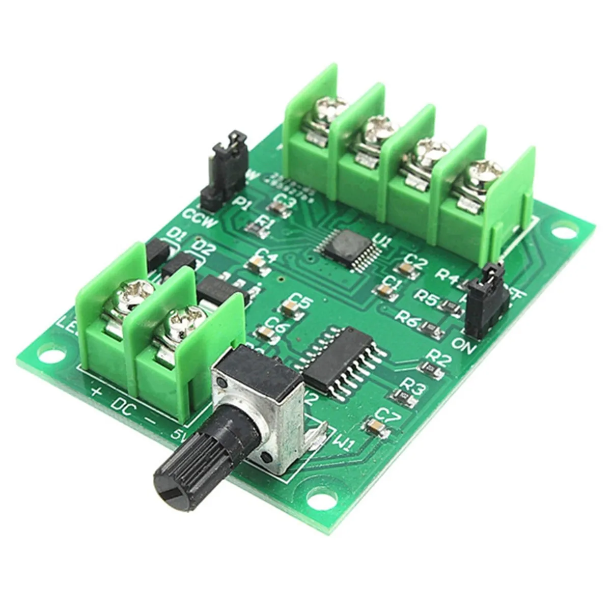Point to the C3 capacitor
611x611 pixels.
[278, 208]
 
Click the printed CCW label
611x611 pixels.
[202, 220]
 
